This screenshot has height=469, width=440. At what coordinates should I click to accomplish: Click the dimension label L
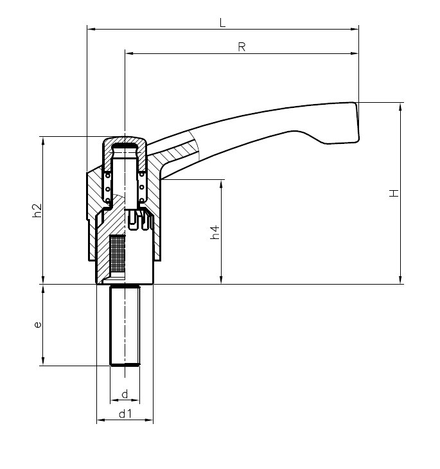point(222,22)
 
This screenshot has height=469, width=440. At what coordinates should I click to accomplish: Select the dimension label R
point(242,47)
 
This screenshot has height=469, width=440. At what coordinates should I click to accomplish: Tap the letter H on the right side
point(394,193)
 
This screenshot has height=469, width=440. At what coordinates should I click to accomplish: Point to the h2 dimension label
point(37,210)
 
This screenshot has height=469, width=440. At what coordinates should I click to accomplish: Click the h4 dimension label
point(216,233)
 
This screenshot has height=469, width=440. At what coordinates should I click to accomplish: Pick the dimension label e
point(38,325)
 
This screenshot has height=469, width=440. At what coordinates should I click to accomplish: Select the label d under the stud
point(125,393)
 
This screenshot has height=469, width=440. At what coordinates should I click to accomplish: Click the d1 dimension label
point(125,414)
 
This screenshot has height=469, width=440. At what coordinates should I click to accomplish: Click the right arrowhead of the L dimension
point(355,28)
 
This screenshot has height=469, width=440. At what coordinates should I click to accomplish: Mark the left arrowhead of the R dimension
point(128,53)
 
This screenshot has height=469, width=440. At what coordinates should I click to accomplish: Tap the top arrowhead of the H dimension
point(400,105)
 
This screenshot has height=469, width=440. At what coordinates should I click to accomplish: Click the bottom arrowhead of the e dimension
point(43,363)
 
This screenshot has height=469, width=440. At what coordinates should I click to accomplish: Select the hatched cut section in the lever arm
point(177,152)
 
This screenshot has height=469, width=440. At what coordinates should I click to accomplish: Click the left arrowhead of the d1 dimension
point(100,421)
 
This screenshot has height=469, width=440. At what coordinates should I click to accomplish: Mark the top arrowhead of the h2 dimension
point(43,139)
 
